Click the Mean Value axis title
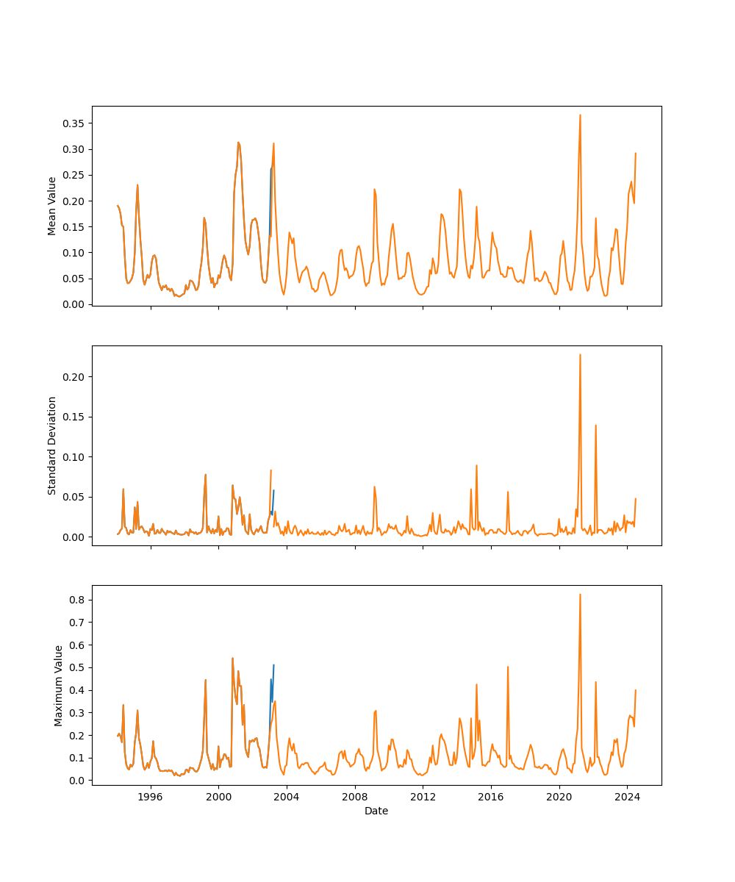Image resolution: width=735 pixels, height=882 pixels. (x=52, y=206)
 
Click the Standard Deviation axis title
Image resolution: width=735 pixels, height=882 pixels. (x=52, y=445)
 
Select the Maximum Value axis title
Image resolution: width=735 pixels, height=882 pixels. (x=59, y=686)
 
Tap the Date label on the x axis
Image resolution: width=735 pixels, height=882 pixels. (x=376, y=811)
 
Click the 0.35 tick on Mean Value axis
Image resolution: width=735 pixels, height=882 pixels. (x=74, y=123)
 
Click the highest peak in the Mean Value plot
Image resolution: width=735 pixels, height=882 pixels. (x=580, y=115)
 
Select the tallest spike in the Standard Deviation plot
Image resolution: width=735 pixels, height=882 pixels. (x=580, y=355)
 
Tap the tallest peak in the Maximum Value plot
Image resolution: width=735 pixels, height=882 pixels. (x=580, y=595)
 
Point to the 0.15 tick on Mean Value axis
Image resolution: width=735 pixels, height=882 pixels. (x=74, y=226)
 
